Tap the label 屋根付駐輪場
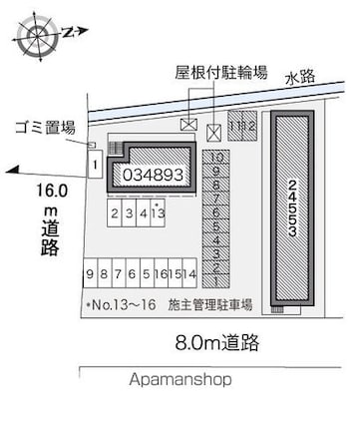tap(220, 72)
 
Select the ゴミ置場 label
tap(45, 128)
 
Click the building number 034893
tap(152, 174)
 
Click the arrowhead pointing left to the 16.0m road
tap(12, 172)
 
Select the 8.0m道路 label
tap(217, 344)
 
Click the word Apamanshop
tap(179, 380)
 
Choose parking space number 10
tap(216, 157)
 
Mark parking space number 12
tap(250, 127)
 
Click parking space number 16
tap(161, 273)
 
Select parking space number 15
tap(175, 273)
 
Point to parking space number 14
tap(189, 273)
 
